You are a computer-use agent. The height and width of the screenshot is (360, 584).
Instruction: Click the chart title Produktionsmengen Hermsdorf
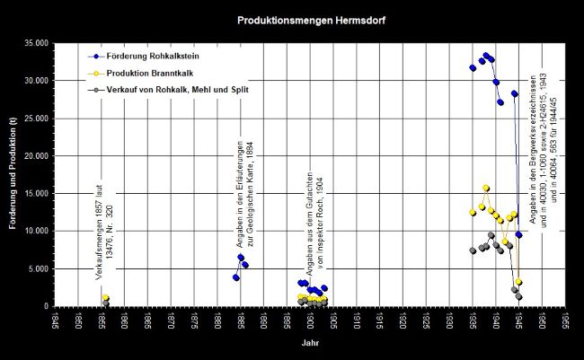click(x=292, y=18)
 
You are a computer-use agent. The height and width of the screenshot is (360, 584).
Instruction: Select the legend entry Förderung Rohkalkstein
click(x=148, y=57)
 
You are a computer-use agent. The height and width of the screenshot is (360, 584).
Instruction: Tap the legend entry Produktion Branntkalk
click(x=145, y=74)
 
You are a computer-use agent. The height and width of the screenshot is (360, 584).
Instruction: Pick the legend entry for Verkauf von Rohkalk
click(x=167, y=90)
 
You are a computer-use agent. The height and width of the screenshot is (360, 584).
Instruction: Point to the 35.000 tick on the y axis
click(x=36, y=43)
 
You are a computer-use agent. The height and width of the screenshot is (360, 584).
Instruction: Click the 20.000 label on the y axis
click(x=36, y=156)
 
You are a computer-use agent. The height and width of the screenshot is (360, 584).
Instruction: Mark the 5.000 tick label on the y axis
click(x=39, y=269)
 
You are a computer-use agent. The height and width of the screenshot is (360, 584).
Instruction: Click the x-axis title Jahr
click(x=308, y=343)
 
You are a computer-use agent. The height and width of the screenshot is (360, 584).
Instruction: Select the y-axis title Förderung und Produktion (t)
click(x=14, y=176)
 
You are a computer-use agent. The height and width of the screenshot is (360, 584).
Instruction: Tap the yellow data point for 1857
click(x=106, y=298)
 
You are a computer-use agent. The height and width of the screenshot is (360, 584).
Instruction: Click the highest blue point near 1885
click(x=241, y=257)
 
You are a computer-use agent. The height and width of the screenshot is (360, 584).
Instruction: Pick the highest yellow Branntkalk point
click(x=486, y=189)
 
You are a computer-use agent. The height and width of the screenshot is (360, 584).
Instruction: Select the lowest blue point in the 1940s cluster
click(x=518, y=234)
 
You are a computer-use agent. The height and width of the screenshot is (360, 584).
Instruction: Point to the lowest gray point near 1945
click(x=518, y=297)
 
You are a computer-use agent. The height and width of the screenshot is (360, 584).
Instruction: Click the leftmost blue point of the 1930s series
click(x=473, y=67)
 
